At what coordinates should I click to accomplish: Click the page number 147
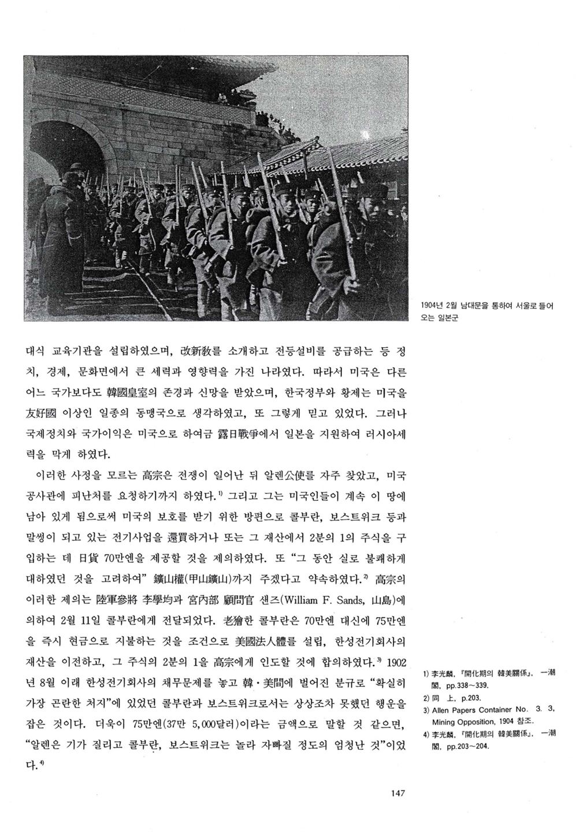pos(397,793)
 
